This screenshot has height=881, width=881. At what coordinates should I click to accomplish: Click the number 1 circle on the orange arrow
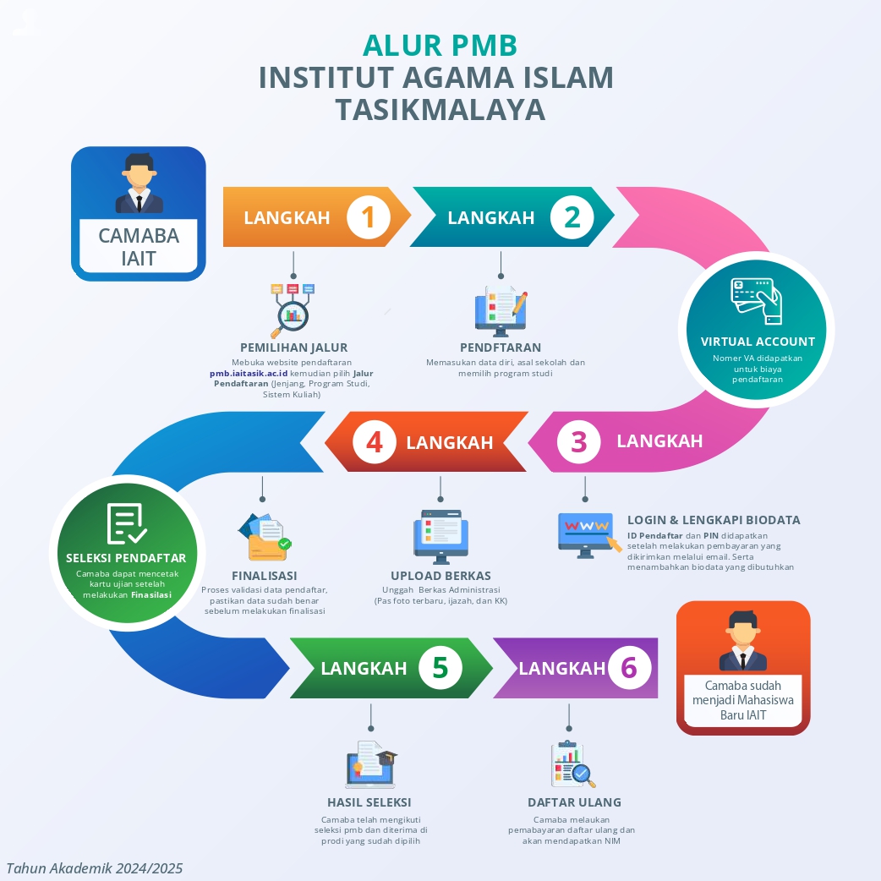[x=369, y=217]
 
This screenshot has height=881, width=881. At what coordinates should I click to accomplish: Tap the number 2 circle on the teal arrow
[x=572, y=217]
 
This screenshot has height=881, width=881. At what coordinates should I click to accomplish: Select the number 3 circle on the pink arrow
[x=578, y=441]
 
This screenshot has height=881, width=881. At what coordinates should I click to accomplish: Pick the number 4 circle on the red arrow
[x=375, y=441]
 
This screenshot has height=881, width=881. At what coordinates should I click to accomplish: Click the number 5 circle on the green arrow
[x=440, y=667]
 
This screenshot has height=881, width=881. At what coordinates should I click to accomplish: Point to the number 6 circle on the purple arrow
[x=629, y=667]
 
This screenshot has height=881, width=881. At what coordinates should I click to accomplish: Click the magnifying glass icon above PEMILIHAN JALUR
[x=293, y=310]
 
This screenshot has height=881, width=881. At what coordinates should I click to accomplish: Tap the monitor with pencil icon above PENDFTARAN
[x=501, y=310]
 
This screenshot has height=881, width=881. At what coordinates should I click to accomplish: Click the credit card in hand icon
[x=756, y=301]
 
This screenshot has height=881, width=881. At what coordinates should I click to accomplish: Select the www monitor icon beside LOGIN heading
[x=589, y=535]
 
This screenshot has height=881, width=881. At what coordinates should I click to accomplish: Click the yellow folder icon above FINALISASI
[x=265, y=537]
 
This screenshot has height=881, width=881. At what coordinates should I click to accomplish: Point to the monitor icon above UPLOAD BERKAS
[x=441, y=537]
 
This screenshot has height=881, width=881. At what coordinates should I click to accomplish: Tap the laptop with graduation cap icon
[x=371, y=764]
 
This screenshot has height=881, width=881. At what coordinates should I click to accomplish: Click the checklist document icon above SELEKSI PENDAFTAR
[x=127, y=523]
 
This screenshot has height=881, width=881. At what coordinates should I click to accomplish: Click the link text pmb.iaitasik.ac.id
[x=249, y=373]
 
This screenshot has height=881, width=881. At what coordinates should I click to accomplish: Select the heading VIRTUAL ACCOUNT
[x=758, y=342]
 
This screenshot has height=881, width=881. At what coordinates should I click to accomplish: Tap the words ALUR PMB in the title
[x=440, y=46]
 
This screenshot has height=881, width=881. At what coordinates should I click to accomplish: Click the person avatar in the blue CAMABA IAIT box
[x=139, y=183]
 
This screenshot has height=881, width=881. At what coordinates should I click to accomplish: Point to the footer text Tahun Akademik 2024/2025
[x=95, y=868]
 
